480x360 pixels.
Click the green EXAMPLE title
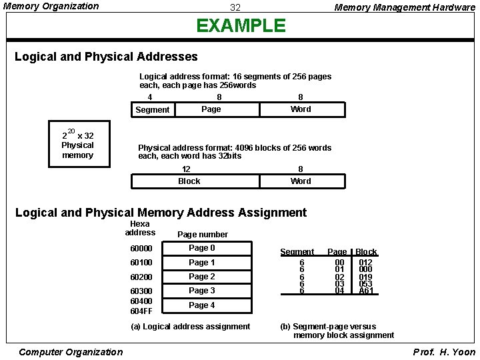(241, 26)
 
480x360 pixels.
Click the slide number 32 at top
(235, 8)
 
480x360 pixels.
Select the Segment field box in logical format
(153, 110)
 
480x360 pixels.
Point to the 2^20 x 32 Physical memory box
(78, 145)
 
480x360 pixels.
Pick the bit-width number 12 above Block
(186, 169)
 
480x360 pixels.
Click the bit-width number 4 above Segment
(149, 97)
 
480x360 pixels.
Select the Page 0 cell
(211, 248)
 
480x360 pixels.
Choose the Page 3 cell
(211, 291)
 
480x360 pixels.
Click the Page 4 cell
(211, 305)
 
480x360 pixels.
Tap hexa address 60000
(141, 249)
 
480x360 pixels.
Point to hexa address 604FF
(141, 311)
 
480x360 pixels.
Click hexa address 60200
(141, 277)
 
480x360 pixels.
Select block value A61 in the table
(366, 291)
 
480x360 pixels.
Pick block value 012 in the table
(366, 263)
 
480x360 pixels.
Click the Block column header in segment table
(366, 252)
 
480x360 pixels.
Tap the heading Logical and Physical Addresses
(107, 57)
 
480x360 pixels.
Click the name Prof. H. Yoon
(444, 352)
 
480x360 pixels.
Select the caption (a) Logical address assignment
(190, 327)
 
